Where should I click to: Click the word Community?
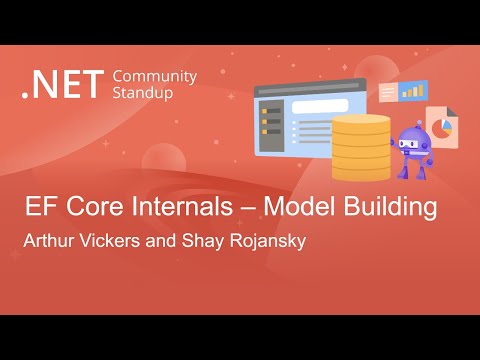click(x=155, y=76)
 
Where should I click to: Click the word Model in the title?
click(x=316, y=209)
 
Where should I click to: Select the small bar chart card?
click(x=411, y=91)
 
